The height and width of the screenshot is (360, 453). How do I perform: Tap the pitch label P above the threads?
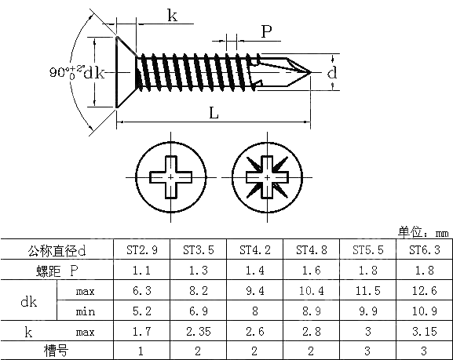point(267,31)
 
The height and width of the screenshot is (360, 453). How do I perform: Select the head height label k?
point(172,15)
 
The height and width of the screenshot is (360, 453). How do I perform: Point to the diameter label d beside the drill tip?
point(332,72)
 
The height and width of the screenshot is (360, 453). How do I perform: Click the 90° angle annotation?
point(65,72)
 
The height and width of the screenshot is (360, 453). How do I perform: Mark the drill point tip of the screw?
point(312,72)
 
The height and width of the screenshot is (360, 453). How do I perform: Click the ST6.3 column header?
point(425,250)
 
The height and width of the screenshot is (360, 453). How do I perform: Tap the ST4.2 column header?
point(255,250)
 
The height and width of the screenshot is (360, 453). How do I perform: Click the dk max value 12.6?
point(425,291)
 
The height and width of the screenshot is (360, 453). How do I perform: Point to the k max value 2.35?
point(199,332)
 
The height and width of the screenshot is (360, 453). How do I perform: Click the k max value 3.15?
point(425,332)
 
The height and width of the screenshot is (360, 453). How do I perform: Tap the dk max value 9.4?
point(255,291)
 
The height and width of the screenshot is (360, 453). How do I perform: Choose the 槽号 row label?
point(57,351)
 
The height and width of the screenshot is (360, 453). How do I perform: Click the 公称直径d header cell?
point(57,250)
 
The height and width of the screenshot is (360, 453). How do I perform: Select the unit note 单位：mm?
point(422,233)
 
